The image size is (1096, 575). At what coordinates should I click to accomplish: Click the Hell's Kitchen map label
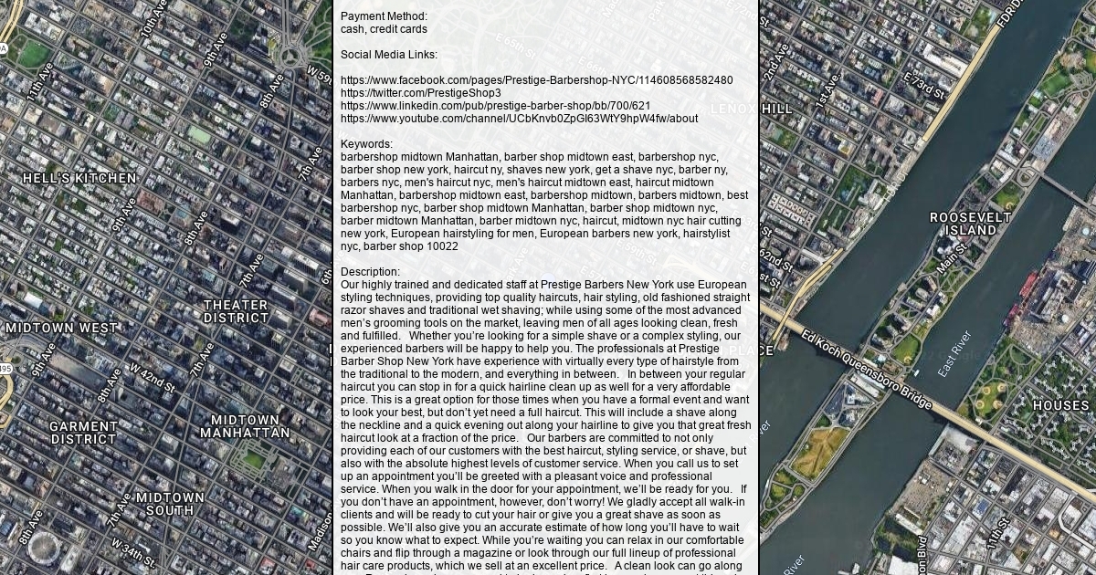79,179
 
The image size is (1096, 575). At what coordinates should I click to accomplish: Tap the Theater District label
236,311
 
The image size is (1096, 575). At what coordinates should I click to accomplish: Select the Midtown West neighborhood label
61,328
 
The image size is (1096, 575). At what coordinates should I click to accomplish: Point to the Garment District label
83,433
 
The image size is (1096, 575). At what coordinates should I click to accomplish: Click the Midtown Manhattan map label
245,426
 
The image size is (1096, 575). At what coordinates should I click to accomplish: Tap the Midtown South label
170,504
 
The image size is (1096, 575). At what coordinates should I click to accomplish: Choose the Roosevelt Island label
970,224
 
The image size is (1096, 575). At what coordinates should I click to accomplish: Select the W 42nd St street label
151,377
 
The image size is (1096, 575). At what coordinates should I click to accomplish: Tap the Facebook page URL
536,80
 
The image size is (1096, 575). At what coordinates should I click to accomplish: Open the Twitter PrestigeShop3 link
420,93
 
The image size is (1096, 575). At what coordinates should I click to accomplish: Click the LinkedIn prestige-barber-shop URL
495,106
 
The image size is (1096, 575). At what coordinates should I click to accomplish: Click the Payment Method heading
384,16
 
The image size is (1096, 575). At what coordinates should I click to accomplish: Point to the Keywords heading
366,144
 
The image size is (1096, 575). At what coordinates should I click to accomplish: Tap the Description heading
370,272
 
